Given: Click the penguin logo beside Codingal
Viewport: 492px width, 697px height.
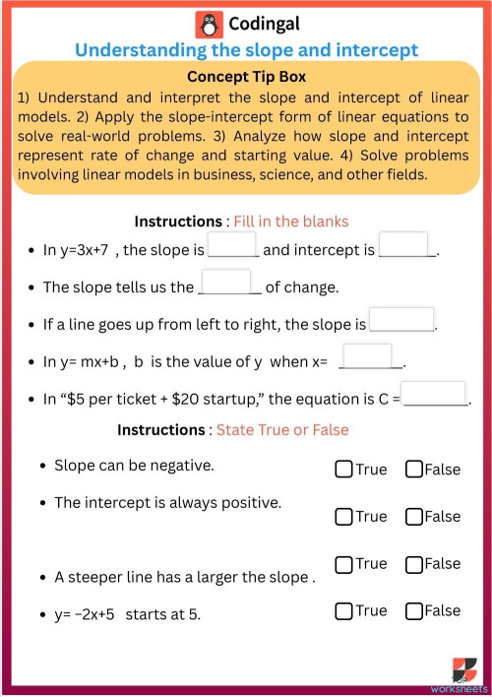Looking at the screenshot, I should (209, 25).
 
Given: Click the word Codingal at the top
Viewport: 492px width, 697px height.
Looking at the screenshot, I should (264, 25).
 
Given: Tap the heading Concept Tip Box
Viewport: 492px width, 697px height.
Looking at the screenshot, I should (246, 76).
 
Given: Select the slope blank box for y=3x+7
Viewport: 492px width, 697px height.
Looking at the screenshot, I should (232, 245).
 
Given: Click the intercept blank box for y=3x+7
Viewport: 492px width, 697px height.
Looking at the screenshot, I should (403, 245).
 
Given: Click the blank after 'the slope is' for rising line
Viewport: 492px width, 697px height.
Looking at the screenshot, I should (401, 320).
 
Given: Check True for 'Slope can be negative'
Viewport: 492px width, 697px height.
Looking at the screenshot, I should (343, 470).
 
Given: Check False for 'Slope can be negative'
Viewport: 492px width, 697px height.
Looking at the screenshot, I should (413, 470).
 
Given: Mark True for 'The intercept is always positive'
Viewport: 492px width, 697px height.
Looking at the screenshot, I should (343, 516).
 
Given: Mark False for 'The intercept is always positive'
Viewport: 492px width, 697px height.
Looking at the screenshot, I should (413, 516).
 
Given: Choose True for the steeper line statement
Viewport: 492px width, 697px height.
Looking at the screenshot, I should (343, 564).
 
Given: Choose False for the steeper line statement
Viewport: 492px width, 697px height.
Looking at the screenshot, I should (413, 564).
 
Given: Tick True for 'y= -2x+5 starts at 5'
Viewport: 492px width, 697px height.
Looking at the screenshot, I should (343, 611).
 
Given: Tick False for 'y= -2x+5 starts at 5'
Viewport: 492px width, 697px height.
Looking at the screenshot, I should (413, 611).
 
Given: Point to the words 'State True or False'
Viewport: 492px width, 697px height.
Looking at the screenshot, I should (282, 430).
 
